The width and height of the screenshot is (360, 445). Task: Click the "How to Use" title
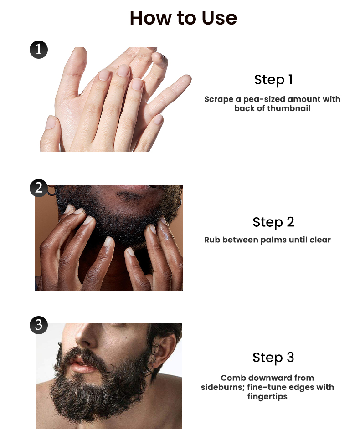tap(183, 18)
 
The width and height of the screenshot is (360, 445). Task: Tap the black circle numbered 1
tap(39, 50)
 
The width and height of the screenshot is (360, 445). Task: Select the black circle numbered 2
tap(39, 188)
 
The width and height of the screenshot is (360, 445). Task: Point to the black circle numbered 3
tap(39, 325)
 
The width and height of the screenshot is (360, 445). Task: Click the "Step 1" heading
tap(273, 80)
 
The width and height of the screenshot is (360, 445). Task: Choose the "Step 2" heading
tap(273, 222)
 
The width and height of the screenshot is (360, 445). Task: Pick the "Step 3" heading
tap(273, 357)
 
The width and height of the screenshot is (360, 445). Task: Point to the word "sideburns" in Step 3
tap(222, 387)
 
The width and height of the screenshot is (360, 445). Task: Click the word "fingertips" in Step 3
tap(267, 396)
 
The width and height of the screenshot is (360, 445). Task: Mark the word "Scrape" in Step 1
tap(219, 99)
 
